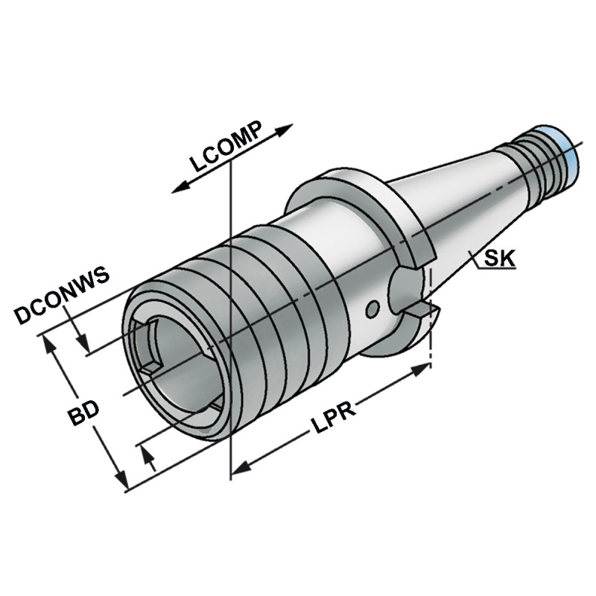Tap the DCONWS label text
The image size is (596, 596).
(x=62, y=295)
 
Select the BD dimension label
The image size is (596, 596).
(x=85, y=416)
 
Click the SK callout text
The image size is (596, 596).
(x=498, y=259)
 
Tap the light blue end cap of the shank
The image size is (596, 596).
(x=570, y=153)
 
